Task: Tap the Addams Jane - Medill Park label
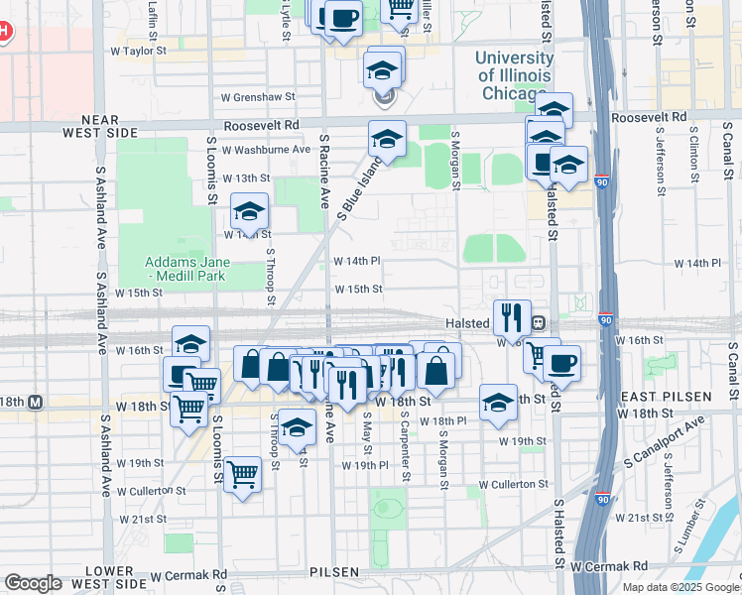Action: tap(188, 268)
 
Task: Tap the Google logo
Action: tap(33, 583)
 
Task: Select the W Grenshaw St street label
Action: tap(258, 97)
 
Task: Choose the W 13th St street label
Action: tap(247, 178)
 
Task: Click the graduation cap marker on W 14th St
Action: tap(250, 211)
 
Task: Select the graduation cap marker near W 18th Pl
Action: tap(498, 402)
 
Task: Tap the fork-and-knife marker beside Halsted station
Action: tap(512, 316)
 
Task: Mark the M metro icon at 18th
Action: tap(36, 403)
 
